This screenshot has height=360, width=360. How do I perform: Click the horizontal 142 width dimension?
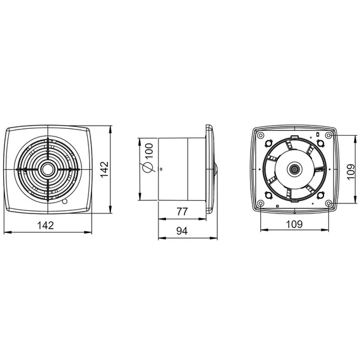tap(45, 225)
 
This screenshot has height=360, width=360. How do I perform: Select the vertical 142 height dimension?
tap(104, 169)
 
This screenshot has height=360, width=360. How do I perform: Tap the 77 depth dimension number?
tap(182, 212)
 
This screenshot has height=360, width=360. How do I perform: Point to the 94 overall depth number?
tap(182, 231)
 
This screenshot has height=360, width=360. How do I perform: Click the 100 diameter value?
tap(149, 150)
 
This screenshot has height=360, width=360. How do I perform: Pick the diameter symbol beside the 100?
tap(148, 167)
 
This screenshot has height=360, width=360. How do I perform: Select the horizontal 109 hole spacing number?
tap(294, 224)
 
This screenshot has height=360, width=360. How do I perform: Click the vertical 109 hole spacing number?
tap(351, 172)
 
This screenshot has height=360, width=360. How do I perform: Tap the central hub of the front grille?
tap(48, 169)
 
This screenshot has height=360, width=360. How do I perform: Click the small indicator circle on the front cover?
tap(65, 202)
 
